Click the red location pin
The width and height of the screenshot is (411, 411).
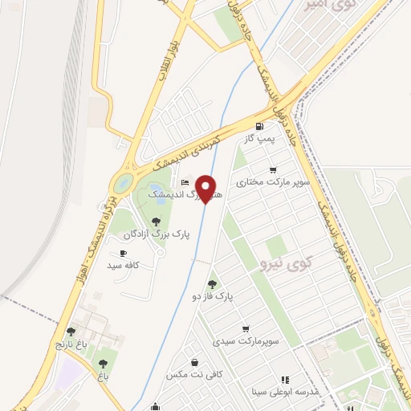[x=207, y=188]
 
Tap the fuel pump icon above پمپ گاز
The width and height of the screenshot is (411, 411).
[x=258, y=126]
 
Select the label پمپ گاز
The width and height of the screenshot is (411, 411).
[x=260, y=139]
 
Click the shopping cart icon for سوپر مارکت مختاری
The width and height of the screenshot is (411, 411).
[x=274, y=169]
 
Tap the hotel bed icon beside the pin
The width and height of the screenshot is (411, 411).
[x=185, y=183]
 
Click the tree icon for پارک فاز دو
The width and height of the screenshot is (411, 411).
[x=212, y=283]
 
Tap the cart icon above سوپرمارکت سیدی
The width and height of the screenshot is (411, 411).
[x=245, y=328]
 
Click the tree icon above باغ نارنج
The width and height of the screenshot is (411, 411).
[x=71, y=331]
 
